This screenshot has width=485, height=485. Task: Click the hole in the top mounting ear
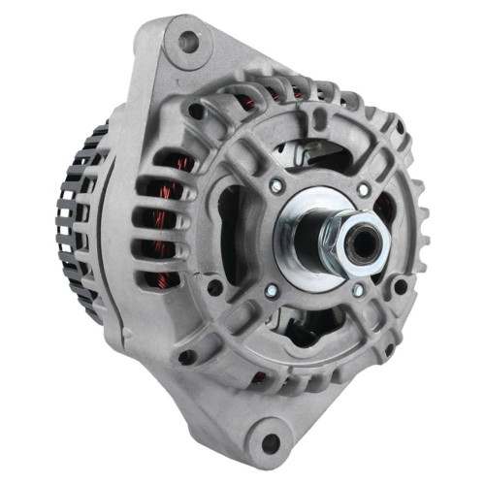(188, 41)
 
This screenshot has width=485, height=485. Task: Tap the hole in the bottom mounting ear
(271, 442)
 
